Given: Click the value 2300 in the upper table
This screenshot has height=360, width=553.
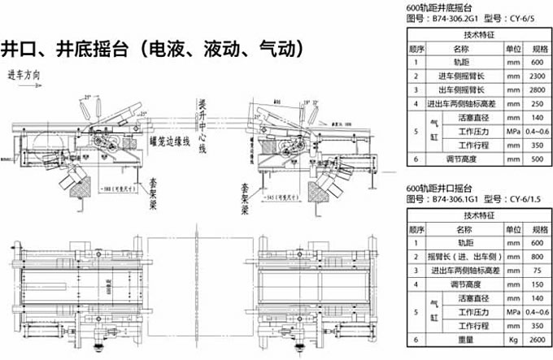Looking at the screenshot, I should coord(536,76).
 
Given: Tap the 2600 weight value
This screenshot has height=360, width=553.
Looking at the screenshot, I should coord(536,340).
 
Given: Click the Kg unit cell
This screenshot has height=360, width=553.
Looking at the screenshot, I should coord(513,340).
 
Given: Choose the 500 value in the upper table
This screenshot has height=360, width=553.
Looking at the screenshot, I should coord(536,160).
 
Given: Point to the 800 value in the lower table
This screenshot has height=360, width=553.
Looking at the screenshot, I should coord(536,256).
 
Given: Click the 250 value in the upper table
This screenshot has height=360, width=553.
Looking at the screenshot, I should coord(536,104).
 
